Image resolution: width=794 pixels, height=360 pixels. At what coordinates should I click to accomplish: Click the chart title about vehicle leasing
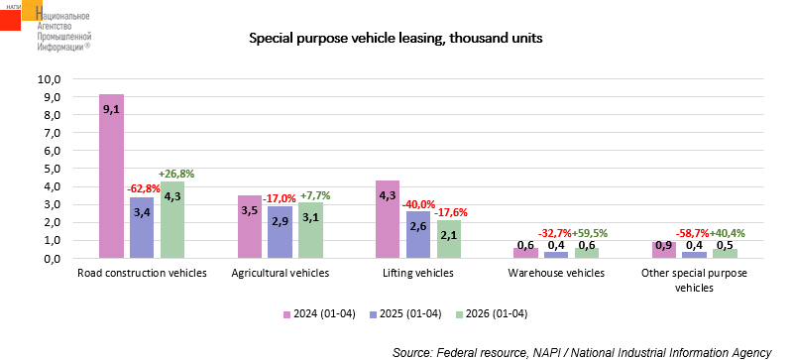(396, 39)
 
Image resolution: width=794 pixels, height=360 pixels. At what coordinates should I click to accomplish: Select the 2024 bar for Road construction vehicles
(111, 177)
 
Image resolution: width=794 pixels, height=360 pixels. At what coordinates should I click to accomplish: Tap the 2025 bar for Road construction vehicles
(142, 228)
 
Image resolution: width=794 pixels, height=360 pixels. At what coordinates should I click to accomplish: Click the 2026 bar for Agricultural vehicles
(311, 230)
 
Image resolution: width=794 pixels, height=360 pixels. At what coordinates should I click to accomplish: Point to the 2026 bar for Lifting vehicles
(449, 239)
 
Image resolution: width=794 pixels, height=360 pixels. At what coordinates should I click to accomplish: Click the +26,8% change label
(177, 175)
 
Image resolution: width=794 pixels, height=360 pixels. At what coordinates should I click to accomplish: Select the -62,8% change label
(144, 188)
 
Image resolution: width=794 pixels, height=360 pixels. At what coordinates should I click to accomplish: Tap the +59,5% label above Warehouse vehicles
(590, 233)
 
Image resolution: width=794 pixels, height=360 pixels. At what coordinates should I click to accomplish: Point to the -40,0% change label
(418, 204)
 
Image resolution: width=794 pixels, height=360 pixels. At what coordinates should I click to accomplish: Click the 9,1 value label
(111, 109)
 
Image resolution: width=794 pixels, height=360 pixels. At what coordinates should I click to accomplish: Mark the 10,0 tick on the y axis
(50, 79)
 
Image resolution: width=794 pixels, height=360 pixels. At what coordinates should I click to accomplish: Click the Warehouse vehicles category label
(556, 274)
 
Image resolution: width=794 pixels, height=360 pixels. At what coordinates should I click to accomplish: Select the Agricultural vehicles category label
(281, 274)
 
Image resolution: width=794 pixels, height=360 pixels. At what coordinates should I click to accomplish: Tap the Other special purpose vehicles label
(694, 281)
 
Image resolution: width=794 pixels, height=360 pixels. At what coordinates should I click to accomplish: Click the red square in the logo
(10, 19)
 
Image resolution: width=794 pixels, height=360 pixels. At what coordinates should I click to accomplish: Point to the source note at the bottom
(581, 352)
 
